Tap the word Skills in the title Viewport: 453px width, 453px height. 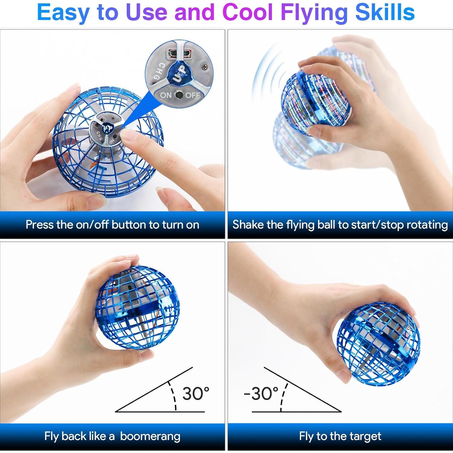385,13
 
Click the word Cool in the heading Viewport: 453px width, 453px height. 247,13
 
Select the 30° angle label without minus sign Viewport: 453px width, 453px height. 196,394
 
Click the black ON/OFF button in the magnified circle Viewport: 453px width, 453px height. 179,95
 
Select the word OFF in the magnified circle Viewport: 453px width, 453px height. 192,95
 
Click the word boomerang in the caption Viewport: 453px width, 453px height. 150,436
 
